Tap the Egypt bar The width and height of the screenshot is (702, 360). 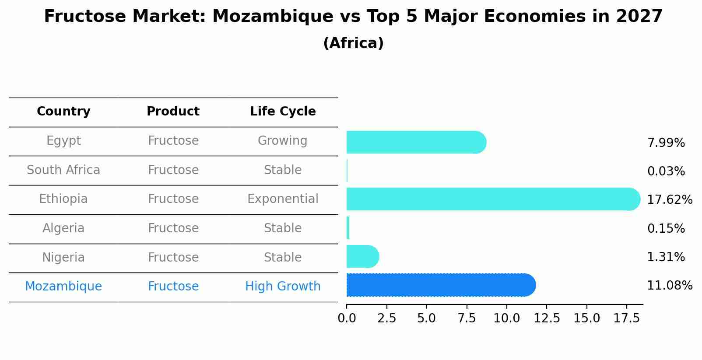[416, 142]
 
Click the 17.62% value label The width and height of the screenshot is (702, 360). [669, 200]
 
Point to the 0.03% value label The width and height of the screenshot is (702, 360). [666, 171]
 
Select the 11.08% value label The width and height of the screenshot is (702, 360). [669, 286]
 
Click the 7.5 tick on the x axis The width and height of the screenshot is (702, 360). [467, 318]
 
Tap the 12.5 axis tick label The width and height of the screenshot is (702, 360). [547, 318]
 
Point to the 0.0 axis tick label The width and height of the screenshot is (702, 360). [347, 318]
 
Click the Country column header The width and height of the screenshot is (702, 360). [63, 112]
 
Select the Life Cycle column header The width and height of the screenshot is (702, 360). [283, 112]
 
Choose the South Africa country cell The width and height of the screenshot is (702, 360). [63, 170]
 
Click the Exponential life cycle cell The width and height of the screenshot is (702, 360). [283, 199]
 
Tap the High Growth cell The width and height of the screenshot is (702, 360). [283, 287]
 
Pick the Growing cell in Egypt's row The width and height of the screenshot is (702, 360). [283, 141]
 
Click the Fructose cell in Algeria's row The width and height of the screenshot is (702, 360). [173, 228]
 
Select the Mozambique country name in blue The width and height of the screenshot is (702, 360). [63, 287]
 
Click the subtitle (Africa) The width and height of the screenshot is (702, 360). [353, 43]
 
